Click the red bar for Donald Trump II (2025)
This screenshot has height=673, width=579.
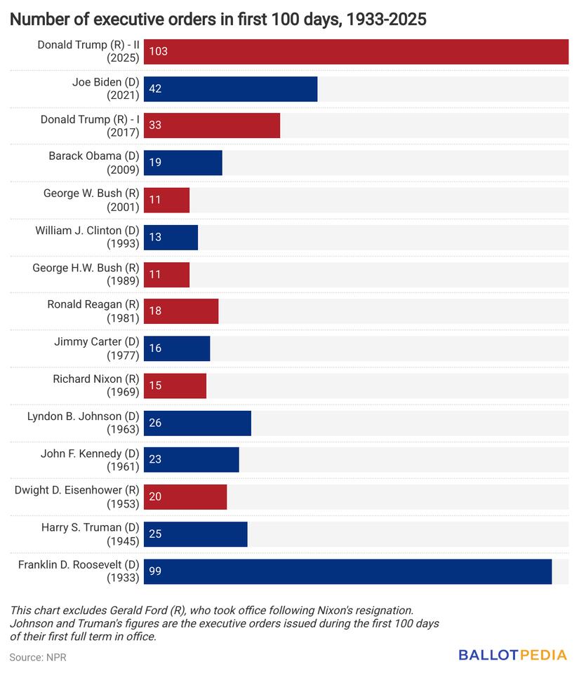point(356,52)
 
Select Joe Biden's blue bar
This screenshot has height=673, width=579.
point(230,89)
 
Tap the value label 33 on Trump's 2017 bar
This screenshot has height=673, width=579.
point(155,126)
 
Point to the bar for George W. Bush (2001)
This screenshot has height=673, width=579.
point(167,200)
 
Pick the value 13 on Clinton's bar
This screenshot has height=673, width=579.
point(155,237)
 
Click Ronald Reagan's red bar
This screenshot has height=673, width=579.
point(181,311)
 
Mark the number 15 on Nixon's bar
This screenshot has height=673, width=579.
point(155,386)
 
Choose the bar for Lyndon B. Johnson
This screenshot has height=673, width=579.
point(197,423)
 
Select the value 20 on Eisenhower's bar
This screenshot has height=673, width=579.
point(155,497)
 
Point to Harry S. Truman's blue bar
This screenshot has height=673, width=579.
point(196,534)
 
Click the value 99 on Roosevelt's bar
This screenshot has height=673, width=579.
point(155,571)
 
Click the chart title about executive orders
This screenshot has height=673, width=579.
point(218,20)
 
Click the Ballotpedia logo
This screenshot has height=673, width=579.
point(512,655)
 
